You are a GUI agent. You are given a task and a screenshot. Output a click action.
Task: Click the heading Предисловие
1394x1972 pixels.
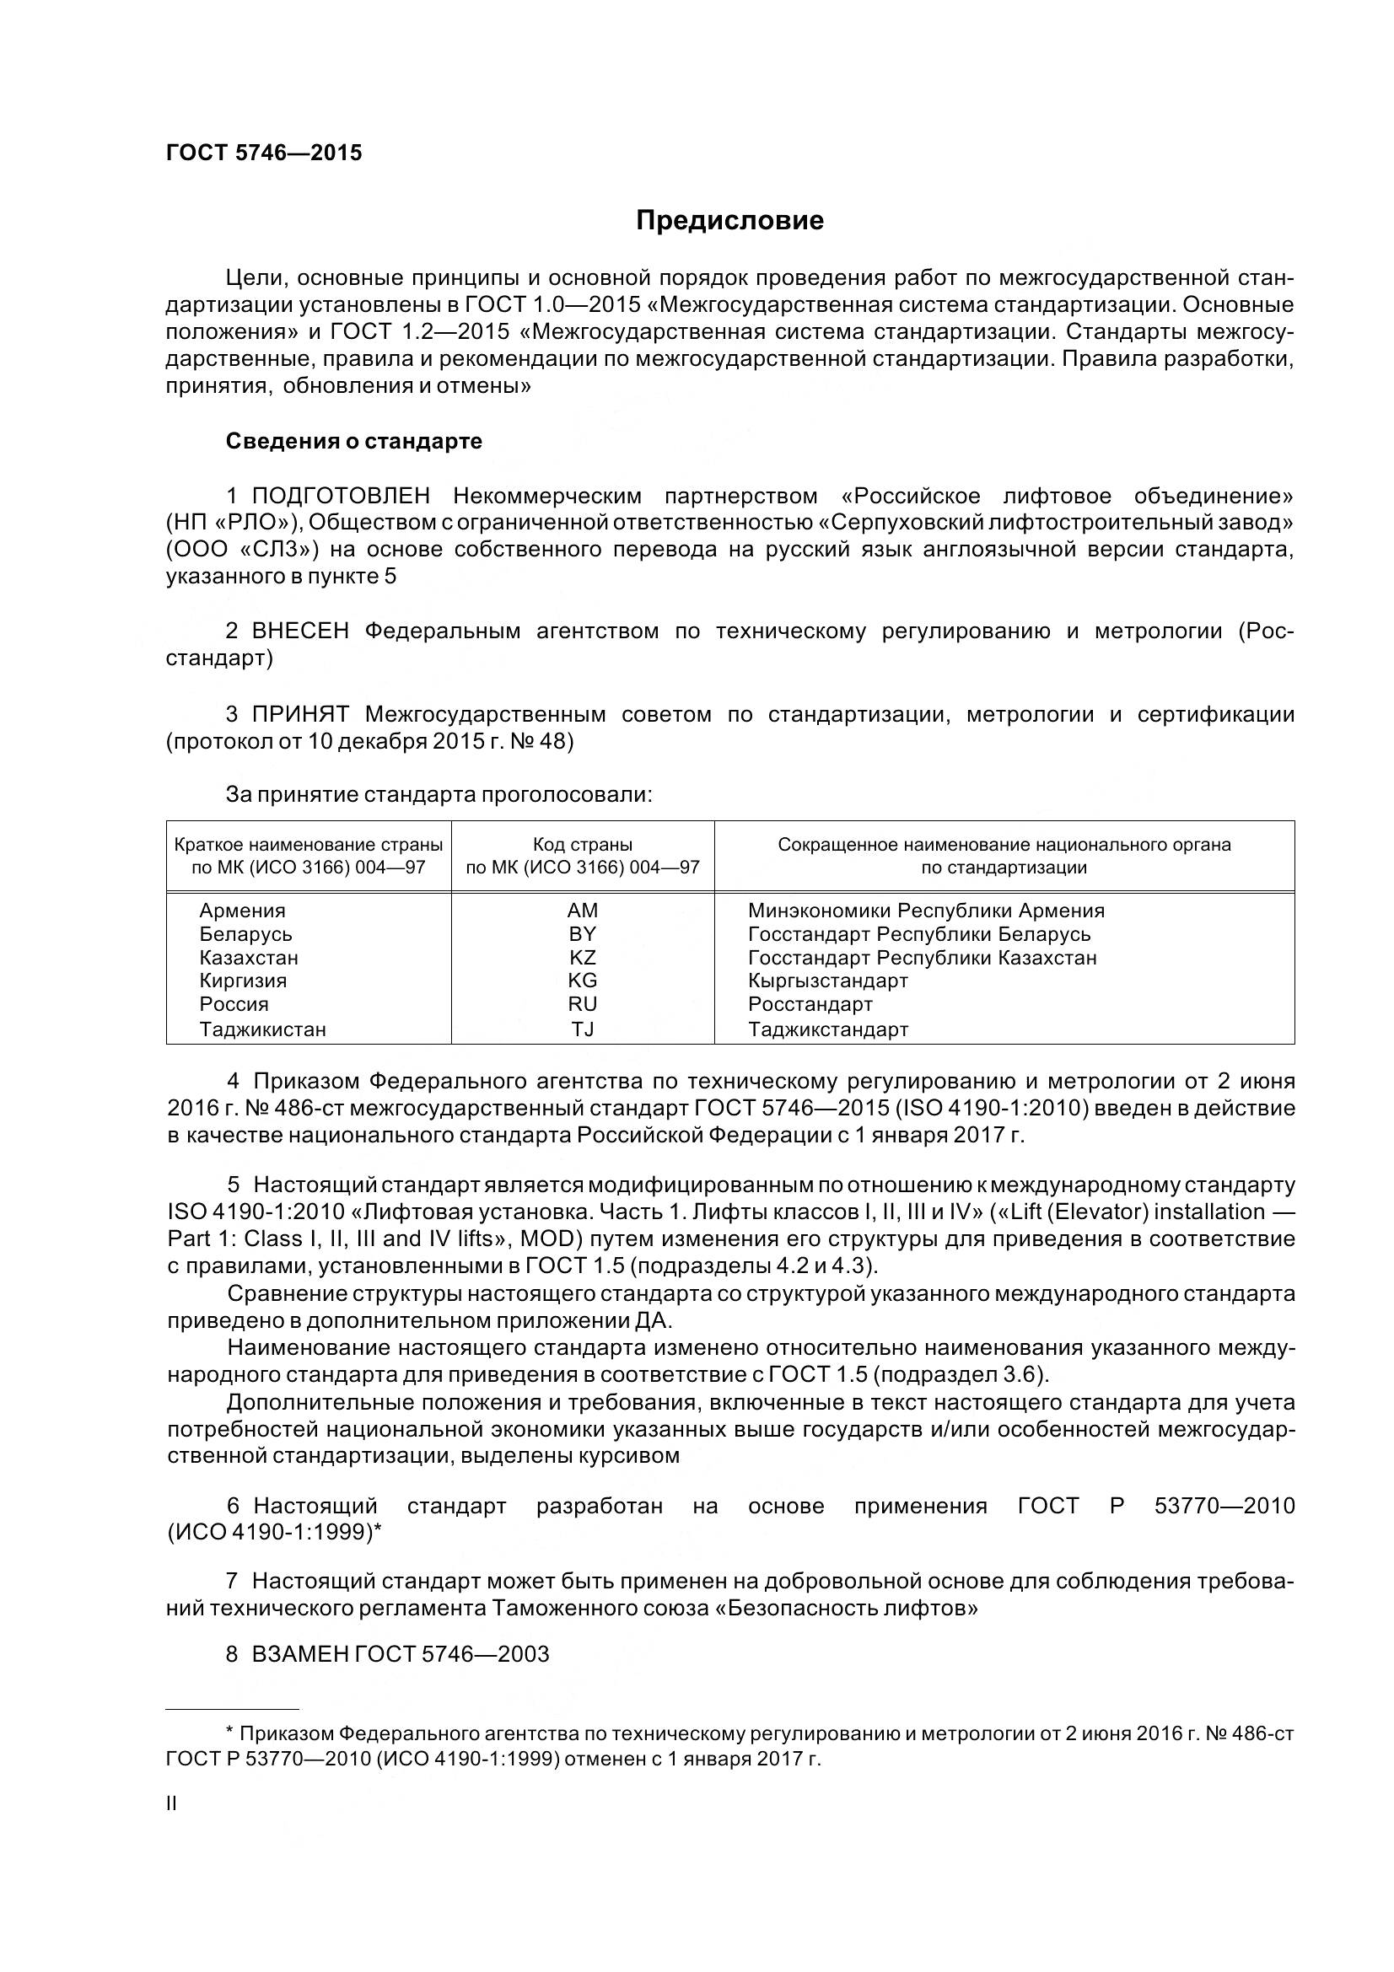coord(729,221)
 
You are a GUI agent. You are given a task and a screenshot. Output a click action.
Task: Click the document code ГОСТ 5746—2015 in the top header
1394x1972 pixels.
coord(264,153)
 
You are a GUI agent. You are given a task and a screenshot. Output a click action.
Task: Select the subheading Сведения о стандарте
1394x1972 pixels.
coord(354,442)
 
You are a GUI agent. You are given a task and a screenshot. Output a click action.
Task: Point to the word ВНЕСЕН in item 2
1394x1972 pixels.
coord(299,631)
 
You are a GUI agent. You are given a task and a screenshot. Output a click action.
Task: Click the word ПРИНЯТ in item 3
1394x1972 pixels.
coord(299,715)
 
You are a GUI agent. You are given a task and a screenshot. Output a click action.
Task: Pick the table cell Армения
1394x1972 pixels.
coord(242,911)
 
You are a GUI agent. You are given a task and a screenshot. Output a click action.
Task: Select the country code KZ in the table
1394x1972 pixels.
coord(583,958)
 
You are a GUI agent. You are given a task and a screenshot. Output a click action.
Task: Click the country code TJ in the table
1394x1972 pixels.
coord(583,1029)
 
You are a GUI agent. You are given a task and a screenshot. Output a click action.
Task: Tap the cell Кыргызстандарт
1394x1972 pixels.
coord(828,981)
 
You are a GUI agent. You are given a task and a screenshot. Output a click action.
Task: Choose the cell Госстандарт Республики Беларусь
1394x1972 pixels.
coord(919,934)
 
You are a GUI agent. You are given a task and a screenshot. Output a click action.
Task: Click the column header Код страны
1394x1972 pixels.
coord(583,844)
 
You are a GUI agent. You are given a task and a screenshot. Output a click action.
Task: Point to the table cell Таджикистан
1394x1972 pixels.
coord(263,1029)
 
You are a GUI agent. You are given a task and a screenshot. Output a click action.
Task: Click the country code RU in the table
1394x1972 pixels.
coord(583,1004)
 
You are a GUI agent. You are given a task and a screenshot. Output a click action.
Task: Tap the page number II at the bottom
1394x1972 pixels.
coord(172,1803)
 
